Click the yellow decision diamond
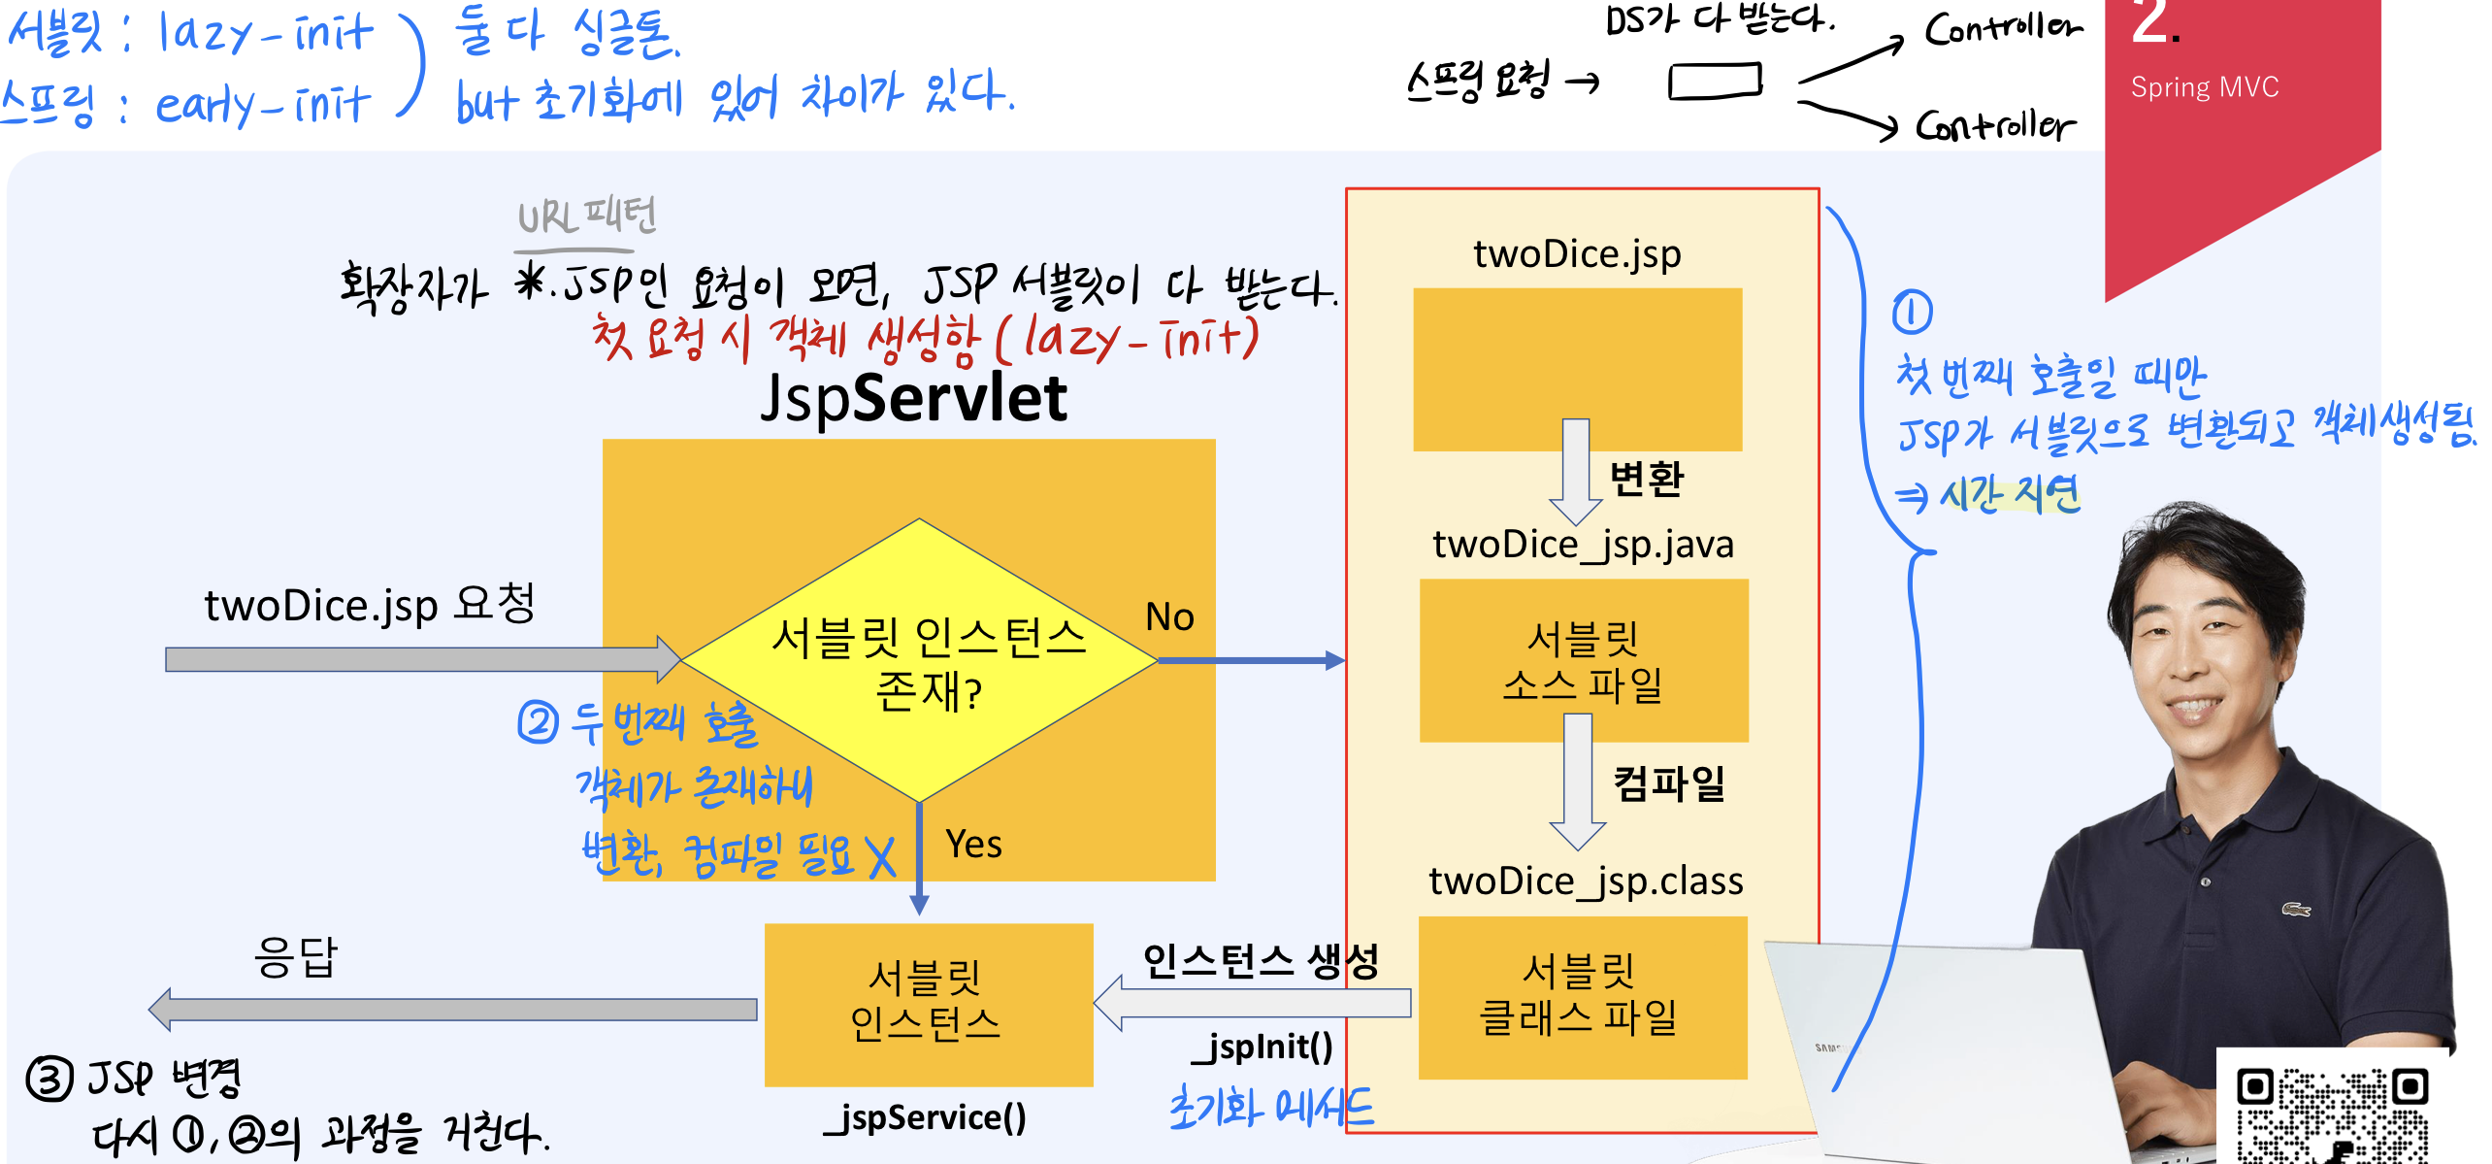point(919,660)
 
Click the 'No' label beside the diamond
point(1169,617)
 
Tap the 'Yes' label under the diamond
point(973,845)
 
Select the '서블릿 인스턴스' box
point(928,1004)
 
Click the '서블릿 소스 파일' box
point(1583,661)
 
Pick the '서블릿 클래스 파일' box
point(1582,997)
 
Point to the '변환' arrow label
point(1646,480)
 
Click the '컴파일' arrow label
point(1669,783)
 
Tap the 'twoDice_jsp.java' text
point(1583,545)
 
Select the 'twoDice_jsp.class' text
point(1586,881)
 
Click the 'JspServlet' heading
point(913,398)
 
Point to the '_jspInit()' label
point(1262,1047)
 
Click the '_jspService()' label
point(925,1118)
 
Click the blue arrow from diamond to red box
point(1251,661)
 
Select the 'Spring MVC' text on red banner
point(2204,88)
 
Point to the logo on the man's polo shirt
point(2295,910)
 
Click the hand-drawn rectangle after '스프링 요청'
point(1715,82)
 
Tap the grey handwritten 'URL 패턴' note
point(587,216)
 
